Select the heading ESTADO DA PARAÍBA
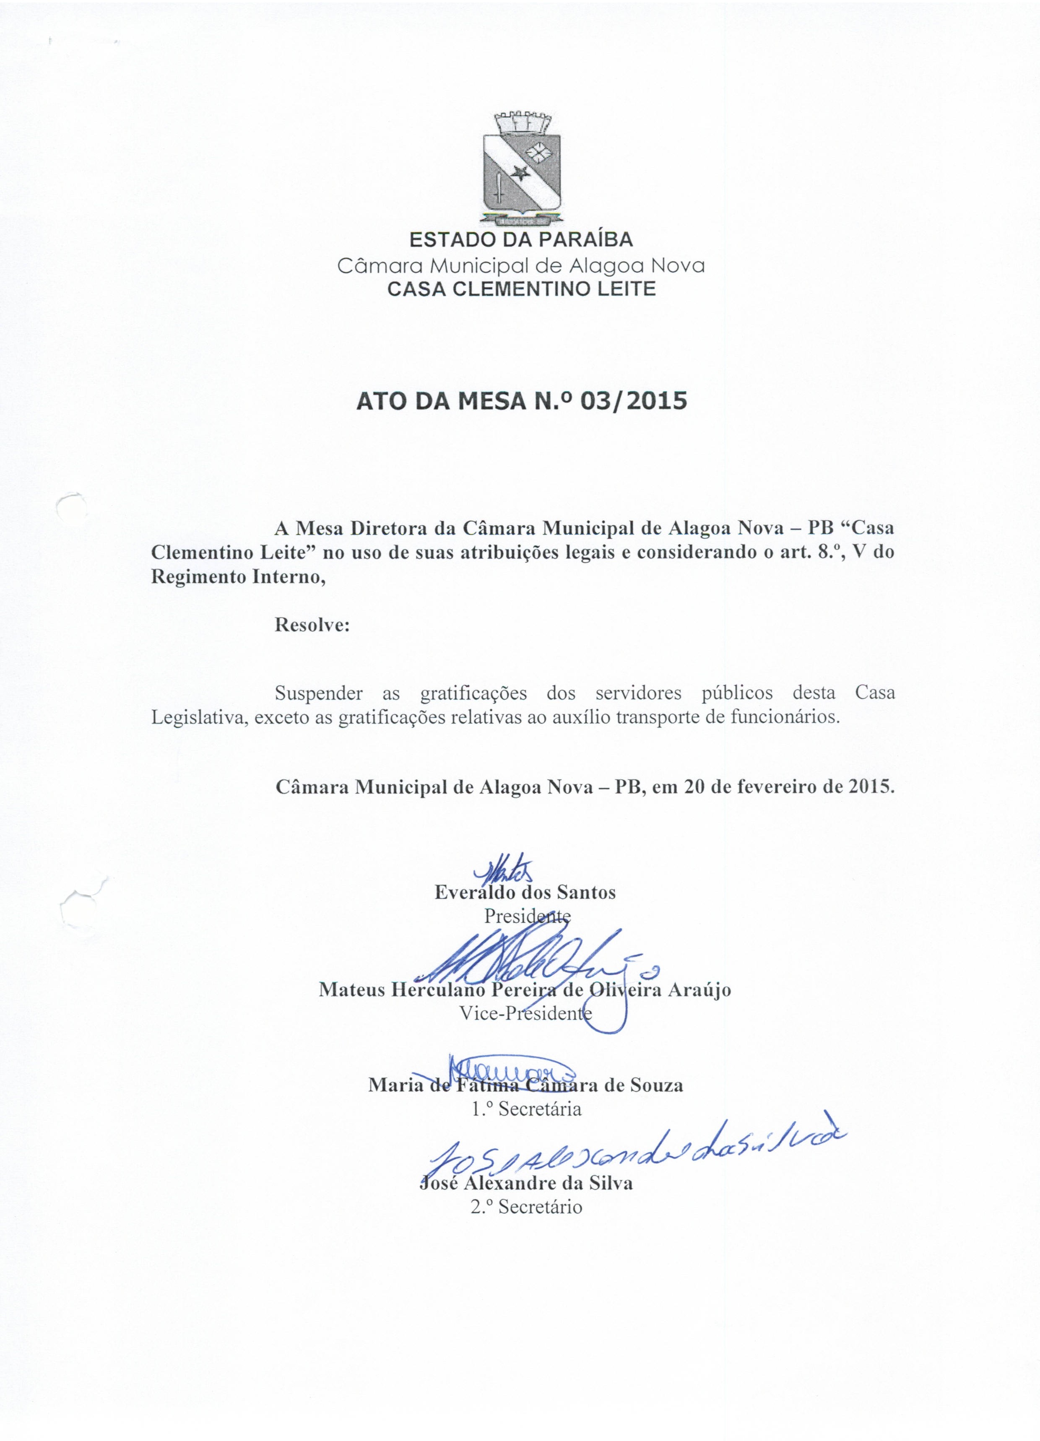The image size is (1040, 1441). [x=520, y=239]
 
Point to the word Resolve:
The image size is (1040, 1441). [x=312, y=625]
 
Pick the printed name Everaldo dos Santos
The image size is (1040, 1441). [x=525, y=893]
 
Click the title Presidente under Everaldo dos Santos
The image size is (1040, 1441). [x=527, y=916]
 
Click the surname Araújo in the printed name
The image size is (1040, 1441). [x=697, y=989]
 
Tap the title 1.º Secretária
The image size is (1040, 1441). [x=526, y=1109]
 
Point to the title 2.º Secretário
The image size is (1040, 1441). [x=526, y=1207]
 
